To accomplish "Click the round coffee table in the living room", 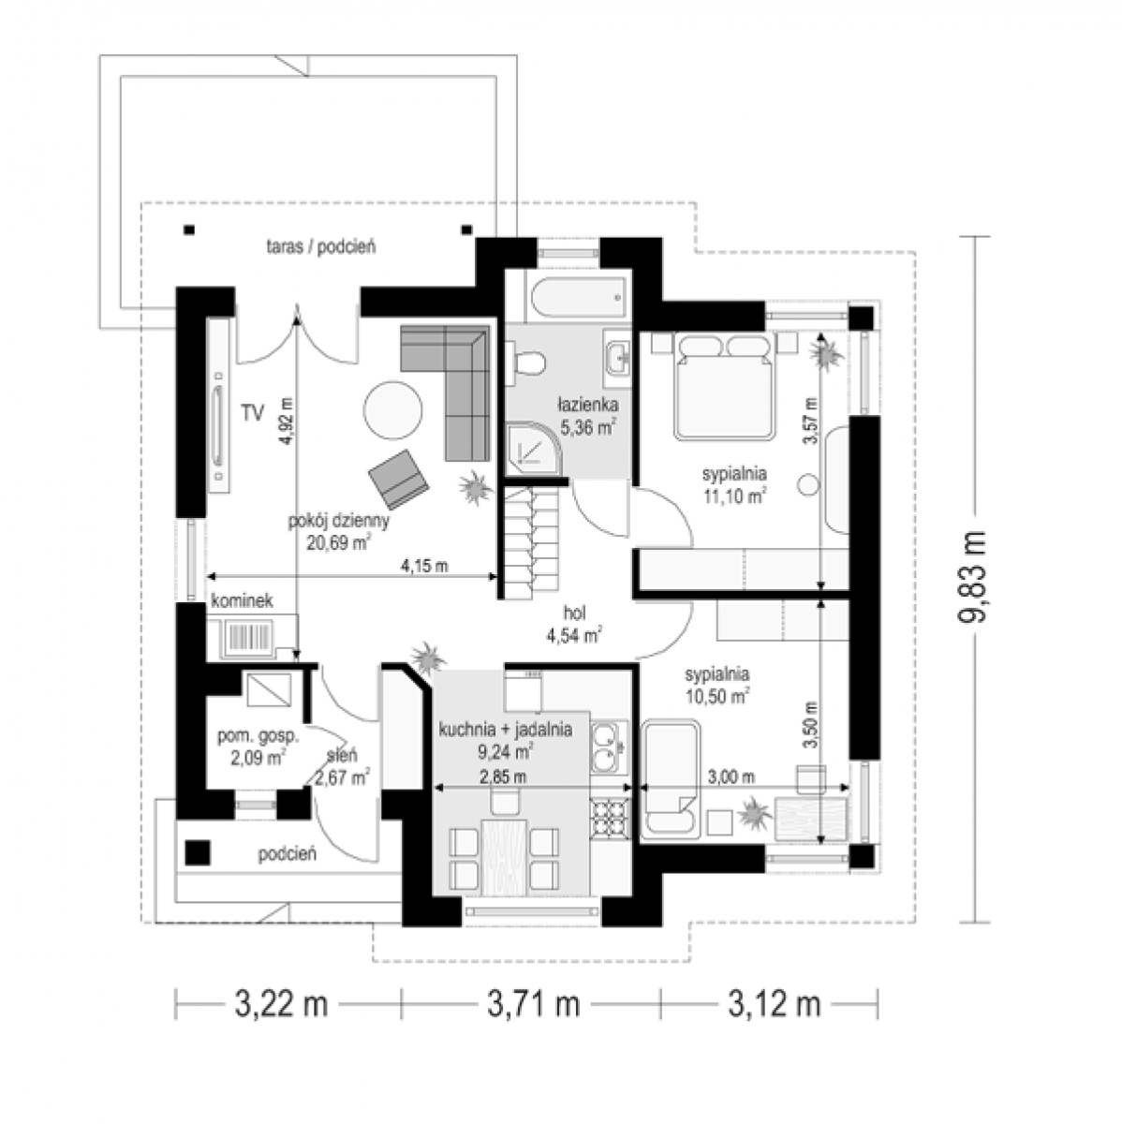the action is [392, 410].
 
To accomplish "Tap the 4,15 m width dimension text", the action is [424, 565].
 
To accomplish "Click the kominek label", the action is [242, 600].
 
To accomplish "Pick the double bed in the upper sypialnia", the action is [725, 386].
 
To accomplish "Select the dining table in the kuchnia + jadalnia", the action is [504, 857].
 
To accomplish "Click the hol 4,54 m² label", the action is [574, 624].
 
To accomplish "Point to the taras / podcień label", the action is [321, 246].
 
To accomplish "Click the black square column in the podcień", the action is [198, 852].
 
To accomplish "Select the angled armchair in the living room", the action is [398, 477].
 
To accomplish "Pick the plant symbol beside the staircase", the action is [474, 487].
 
